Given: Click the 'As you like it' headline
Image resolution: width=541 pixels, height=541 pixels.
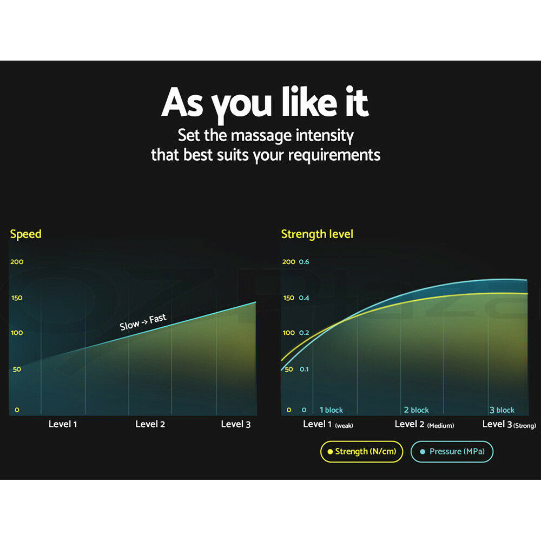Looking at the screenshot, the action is coord(265,103).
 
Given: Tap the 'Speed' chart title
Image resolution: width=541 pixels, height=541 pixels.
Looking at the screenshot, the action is coord(25,234).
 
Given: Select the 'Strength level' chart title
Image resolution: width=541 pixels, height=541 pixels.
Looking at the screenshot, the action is coord(317,234).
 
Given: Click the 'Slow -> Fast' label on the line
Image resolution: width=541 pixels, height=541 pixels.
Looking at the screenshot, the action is coord(143,321).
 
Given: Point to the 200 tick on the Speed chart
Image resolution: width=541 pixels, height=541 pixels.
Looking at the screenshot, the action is coord(17,261).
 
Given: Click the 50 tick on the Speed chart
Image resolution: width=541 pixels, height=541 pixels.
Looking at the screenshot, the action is coord(17,369).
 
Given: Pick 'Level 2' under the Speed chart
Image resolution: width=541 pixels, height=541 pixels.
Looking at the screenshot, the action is coord(150,424).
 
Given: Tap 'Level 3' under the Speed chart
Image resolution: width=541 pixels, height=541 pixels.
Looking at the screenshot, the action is coord(236,424).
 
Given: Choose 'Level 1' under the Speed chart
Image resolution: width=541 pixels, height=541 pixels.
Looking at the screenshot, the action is coord(62,424).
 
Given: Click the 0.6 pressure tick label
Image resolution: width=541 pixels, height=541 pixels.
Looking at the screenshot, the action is coord(304,261).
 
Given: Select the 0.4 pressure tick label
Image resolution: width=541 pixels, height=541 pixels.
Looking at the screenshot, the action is coord(304,298).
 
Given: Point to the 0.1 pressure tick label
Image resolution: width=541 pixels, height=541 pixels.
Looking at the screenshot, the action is coord(304,369).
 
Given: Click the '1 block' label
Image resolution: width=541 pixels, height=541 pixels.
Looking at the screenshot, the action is coord(331,410).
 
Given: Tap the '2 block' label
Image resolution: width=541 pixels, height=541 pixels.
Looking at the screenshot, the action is coord(417,410).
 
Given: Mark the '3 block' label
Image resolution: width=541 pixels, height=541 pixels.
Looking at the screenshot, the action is coord(502,410).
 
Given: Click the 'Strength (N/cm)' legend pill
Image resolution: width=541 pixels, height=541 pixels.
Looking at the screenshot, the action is coord(361,451).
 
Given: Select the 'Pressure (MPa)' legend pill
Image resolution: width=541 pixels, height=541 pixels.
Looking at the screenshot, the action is coord(452,451).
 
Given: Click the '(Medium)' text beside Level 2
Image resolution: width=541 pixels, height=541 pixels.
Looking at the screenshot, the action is coord(440,426).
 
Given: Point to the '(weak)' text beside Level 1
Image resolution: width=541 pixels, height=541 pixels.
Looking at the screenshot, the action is coord(344,426).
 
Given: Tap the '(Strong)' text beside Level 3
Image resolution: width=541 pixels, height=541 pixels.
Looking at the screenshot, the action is coord(525,426).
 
